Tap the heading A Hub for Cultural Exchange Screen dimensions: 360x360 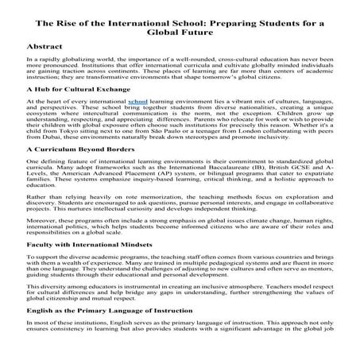coord(78,113)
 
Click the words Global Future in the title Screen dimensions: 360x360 coord(180,24)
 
